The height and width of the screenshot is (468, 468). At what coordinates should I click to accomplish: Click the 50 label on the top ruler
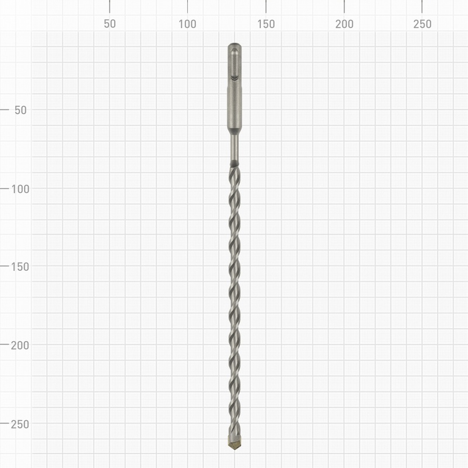click(x=109, y=24)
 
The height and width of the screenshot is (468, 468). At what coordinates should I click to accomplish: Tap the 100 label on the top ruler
click(x=187, y=24)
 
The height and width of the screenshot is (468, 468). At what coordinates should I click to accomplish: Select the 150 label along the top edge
click(x=266, y=24)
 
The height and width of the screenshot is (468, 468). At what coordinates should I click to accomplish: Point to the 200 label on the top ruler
click(x=344, y=24)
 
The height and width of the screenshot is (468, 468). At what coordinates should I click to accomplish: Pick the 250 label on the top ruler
click(x=422, y=24)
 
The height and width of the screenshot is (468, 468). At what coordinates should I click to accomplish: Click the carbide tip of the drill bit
click(x=235, y=443)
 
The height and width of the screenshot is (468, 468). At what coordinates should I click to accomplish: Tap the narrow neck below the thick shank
click(x=235, y=148)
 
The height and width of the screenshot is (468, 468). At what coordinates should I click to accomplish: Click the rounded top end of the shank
click(x=235, y=46)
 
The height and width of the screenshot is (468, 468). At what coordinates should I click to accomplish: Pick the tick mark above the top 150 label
click(x=266, y=6)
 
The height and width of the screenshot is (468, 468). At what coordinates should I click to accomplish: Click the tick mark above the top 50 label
click(x=109, y=6)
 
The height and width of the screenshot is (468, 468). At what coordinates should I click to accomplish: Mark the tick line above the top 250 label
click(x=422, y=6)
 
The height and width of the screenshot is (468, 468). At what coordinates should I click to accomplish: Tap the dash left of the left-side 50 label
click(x=5, y=110)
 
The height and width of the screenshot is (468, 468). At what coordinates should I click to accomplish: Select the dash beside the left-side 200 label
click(x=5, y=345)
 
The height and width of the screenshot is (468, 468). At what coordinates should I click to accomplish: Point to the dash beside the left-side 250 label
click(x=5, y=423)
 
